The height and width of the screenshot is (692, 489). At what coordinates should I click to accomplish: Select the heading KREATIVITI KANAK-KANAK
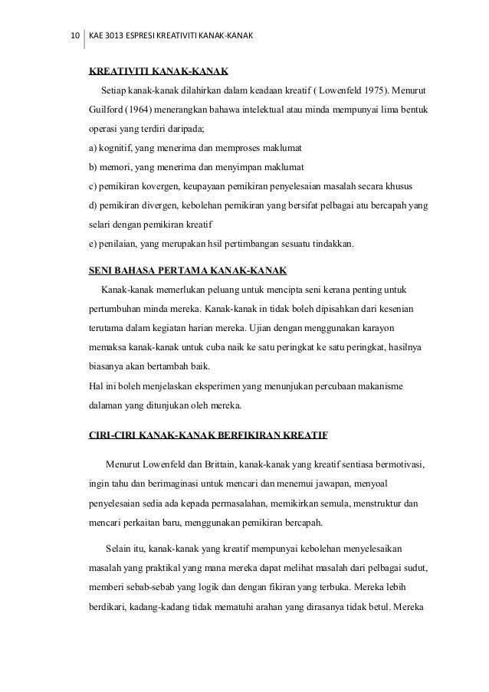pos(159,73)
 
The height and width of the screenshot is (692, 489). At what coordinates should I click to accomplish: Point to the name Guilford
pos(108,110)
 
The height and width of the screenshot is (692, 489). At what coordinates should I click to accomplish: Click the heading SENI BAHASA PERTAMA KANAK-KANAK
pos(188,271)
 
